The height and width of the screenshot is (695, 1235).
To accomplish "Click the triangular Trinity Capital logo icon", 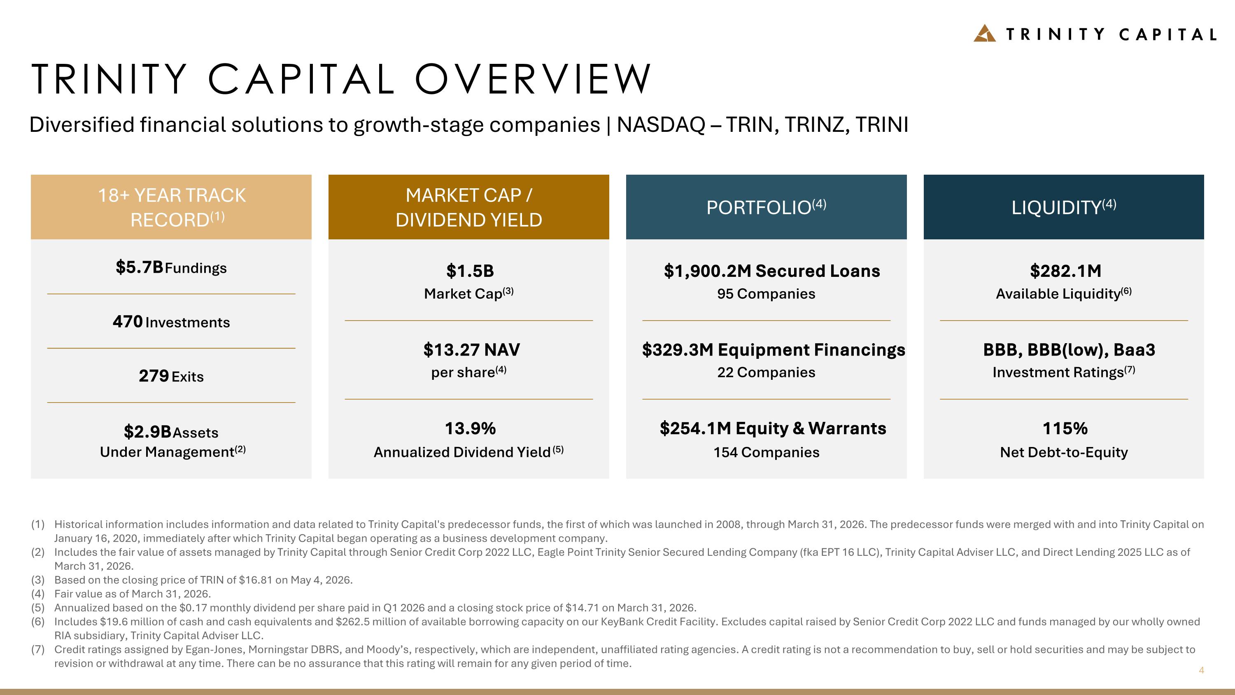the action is coord(984,33).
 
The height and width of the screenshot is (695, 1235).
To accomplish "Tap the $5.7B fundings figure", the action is coord(140,267).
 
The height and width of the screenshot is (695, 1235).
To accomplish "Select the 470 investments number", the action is coord(128,321).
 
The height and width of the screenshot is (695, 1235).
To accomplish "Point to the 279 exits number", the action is coord(154,376).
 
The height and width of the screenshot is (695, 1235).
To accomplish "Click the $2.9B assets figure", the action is coord(148,432).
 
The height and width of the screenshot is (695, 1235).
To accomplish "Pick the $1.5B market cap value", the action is coord(470,271).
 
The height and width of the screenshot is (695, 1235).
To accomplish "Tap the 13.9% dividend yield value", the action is coord(470,428).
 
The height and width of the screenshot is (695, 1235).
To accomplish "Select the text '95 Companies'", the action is coord(766,294).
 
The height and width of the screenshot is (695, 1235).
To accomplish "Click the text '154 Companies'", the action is coord(766,452).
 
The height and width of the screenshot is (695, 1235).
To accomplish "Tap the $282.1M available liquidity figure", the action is coord(1066,271).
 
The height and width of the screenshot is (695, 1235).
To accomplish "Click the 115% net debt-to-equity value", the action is coord(1065,428).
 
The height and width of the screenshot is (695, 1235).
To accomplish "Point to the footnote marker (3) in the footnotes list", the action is coord(38,580).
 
